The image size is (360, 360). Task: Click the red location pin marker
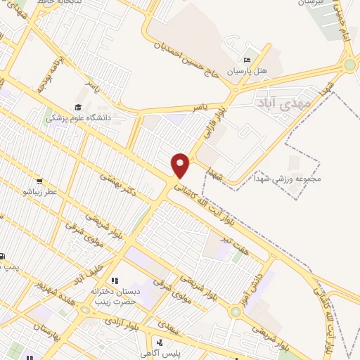point(181,165)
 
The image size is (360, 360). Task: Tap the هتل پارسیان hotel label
point(245,72)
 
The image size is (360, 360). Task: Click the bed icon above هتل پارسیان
point(245,59)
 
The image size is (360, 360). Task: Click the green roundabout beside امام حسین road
point(350,65)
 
